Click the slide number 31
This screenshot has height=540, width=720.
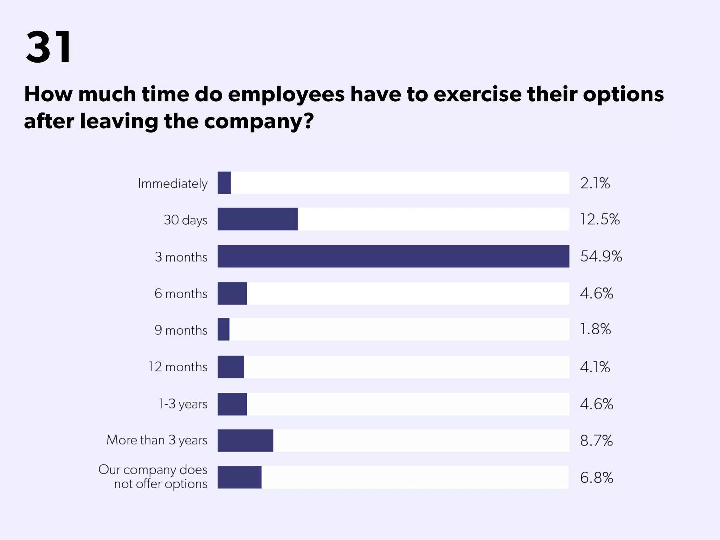coord(49,47)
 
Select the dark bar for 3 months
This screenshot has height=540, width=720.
coord(393,256)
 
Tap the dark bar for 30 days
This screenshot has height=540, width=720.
coord(258,219)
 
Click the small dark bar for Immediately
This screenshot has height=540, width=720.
coord(224,183)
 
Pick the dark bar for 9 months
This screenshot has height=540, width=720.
coord(224,329)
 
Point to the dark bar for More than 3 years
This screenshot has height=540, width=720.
coord(245,441)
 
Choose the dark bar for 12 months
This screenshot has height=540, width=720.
coord(231,367)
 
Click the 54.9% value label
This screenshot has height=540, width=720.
coord(601,256)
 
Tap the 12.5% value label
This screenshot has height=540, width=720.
coord(599,219)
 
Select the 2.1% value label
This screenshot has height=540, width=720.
coord(595,183)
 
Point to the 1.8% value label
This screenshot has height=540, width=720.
coord(595,329)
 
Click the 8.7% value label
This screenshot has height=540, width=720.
coord(596,441)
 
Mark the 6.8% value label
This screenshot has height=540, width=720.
coord(596,478)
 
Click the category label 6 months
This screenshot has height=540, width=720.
coord(181,294)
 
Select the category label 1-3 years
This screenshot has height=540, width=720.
coord(183,404)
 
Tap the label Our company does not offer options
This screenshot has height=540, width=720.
coord(153,477)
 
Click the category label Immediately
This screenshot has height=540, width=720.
coord(173,184)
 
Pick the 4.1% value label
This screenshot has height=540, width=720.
coord(595,367)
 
